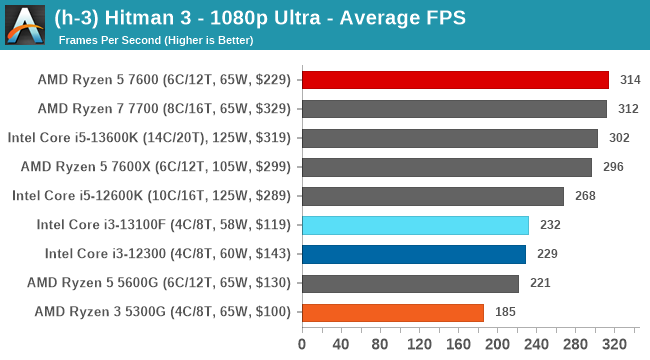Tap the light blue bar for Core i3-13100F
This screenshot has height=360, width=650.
coord(415,225)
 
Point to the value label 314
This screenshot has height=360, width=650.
coord(629,80)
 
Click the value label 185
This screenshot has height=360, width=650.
coord(505,312)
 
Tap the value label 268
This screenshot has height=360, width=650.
coord(584,196)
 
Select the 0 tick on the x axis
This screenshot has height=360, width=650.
coord(302,344)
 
